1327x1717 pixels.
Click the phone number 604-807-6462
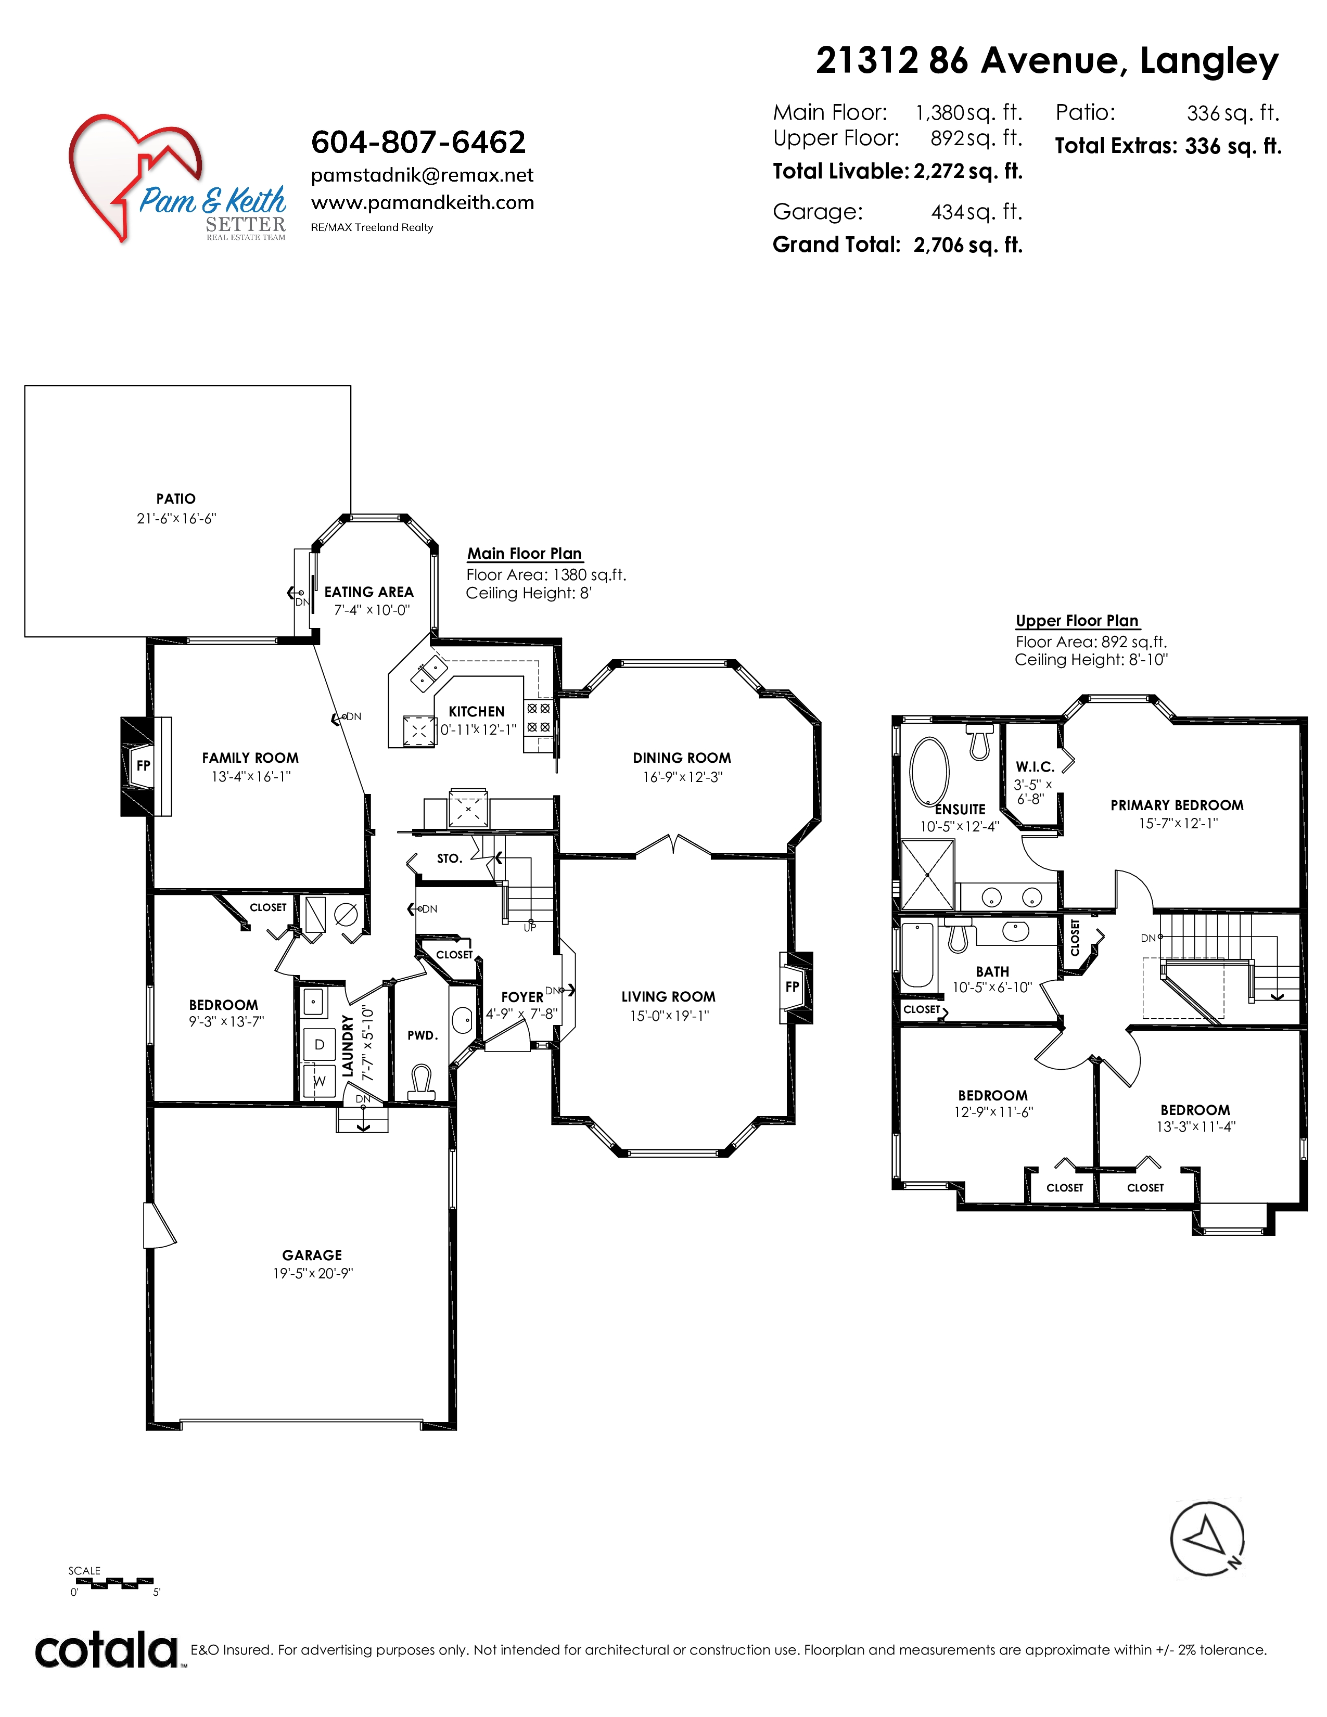(x=418, y=142)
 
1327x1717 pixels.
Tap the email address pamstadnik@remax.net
(x=422, y=175)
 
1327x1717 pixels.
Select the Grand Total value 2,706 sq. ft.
(x=968, y=245)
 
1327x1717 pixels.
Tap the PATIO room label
(x=176, y=498)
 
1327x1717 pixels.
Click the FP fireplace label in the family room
(x=143, y=765)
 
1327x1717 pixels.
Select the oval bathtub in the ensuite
(x=929, y=771)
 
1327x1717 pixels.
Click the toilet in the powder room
(x=422, y=1083)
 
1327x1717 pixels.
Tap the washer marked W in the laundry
(x=319, y=1081)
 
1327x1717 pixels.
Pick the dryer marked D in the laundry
(x=319, y=1044)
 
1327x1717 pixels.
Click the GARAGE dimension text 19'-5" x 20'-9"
(x=313, y=1274)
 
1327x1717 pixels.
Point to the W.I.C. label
(x=1035, y=766)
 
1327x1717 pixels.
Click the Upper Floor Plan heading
(x=1077, y=620)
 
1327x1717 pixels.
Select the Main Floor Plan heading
(x=525, y=554)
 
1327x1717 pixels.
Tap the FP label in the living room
(x=793, y=986)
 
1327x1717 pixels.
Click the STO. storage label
(x=450, y=858)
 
